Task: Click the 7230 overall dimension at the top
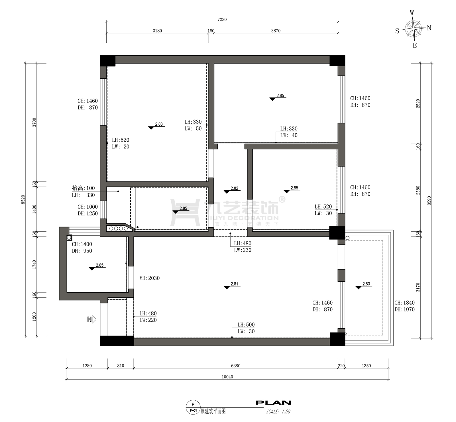click(222, 19)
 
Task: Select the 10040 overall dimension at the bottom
click(227, 377)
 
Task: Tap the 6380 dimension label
click(236, 366)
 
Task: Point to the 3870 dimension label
click(276, 31)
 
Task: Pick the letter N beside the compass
click(429, 28)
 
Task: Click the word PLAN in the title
click(273, 403)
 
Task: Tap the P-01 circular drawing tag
click(193, 407)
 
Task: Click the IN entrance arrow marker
click(91, 320)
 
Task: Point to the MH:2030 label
click(149, 278)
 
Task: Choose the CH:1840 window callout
click(404, 306)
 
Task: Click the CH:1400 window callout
click(82, 248)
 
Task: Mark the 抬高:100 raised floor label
click(83, 188)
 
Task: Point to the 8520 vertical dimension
click(23, 199)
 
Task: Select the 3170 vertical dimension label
click(418, 287)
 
